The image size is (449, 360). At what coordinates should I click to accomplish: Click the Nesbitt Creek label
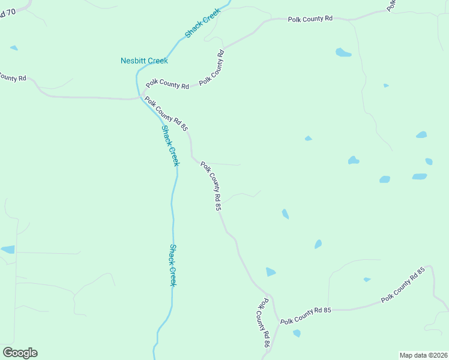tap(144, 61)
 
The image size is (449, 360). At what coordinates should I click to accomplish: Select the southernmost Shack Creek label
tap(172, 265)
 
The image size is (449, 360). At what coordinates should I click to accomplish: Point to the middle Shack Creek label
tap(170, 146)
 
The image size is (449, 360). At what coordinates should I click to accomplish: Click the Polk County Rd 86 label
tap(262, 325)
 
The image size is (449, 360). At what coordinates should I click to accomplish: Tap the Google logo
tap(20, 353)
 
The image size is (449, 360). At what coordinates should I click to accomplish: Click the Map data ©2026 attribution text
tap(423, 355)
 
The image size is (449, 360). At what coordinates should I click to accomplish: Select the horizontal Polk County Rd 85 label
tap(306, 313)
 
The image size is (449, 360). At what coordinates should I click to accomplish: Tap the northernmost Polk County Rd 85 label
tap(166, 115)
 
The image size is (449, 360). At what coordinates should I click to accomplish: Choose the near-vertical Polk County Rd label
tap(212, 67)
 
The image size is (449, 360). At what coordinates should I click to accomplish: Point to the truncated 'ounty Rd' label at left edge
tap(12, 77)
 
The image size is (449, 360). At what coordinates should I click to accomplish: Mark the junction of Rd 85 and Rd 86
tap(279, 320)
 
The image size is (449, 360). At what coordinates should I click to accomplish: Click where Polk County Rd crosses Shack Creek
tap(142, 97)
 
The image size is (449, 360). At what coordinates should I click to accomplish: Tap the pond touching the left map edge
tap(7, 250)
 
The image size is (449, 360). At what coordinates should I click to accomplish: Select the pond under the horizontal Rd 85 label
tap(297, 333)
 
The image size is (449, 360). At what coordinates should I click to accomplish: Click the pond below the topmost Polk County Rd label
tap(343, 52)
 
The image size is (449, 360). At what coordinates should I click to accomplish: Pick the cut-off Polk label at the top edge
tap(391, 5)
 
